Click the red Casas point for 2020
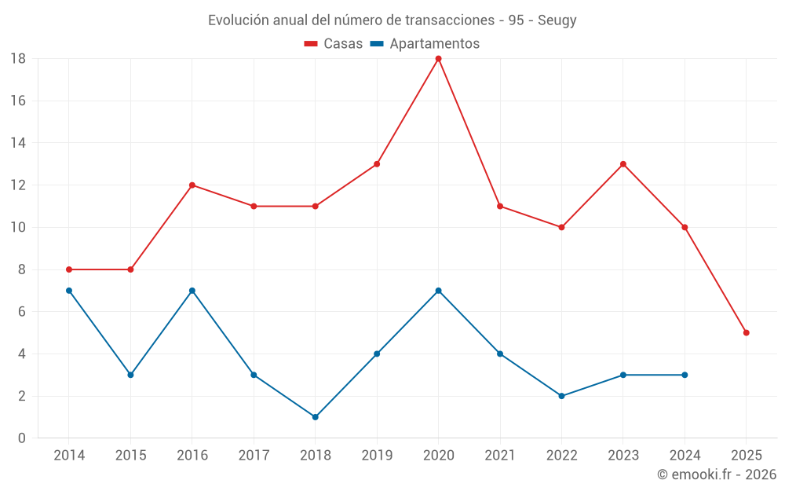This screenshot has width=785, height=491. (438, 59)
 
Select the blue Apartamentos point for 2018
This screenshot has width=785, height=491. (315, 417)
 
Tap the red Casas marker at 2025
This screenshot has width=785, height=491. (746, 332)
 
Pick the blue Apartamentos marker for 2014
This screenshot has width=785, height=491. (69, 291)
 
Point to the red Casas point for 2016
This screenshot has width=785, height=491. (192, 185)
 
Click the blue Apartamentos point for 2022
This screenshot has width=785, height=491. (561, 396)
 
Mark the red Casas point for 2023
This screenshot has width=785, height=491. (623, 164)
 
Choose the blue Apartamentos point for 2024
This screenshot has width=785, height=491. (685, 375)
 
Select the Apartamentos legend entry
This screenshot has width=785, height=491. (434, 44)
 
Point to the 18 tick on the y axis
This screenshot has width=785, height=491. (18, 59)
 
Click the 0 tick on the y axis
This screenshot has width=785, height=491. (22, 438)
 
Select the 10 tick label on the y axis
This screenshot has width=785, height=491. (18, 228)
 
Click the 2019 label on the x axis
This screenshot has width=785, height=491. (377, 456)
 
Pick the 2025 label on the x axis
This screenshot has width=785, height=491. (746, 456)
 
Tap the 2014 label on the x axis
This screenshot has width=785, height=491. (69, 456)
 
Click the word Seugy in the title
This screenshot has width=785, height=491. (557, 20)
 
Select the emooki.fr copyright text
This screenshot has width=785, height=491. (716, 475)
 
